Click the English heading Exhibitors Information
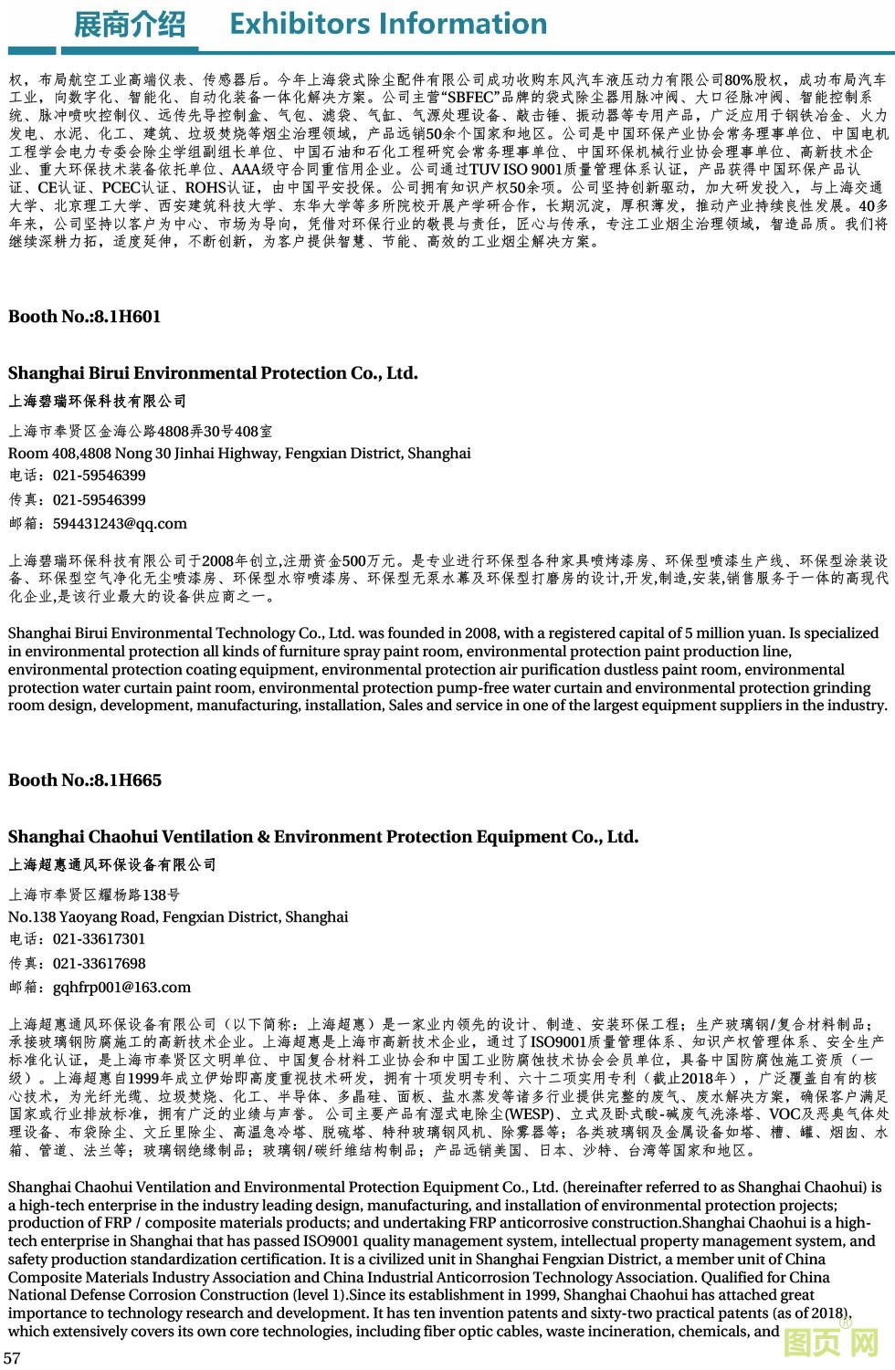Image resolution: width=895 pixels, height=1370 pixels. click(x=388, y=24)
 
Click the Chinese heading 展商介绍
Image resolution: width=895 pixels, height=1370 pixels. click(x=129, y=25)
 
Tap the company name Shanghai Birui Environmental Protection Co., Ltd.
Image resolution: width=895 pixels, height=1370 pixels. click(x=213, y=373)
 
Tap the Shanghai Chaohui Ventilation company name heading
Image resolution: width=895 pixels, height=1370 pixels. click(x=323, y=837)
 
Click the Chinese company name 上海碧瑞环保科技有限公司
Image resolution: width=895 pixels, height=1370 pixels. click(x=98, y=402)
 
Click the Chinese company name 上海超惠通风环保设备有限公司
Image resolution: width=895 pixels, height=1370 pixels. click(x=112, y=865)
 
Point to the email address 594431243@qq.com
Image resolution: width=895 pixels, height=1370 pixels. click(x=120, y=524)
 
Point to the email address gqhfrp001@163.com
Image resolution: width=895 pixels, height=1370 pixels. click(x=121, y=988)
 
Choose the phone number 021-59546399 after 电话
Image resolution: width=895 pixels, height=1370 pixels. click(x=99, y=476)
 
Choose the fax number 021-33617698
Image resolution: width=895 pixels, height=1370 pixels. click(x=99, y=964)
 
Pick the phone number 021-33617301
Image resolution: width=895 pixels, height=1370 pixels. click(x=99, y=939)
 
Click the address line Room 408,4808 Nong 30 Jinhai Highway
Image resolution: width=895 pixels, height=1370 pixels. click(x=239, y=454)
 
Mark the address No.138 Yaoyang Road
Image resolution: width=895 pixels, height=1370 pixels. click(x=178, y=917)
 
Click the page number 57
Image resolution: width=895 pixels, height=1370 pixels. click(x=12, y=1357)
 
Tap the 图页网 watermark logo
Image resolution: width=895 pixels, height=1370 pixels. click(x=831, y=1343)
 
